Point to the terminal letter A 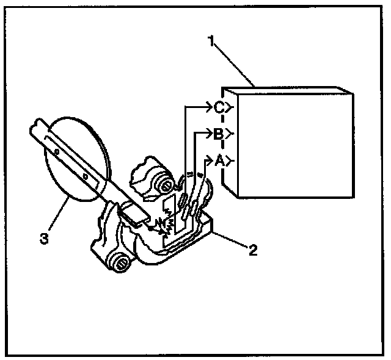click(219, 160)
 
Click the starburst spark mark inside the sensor click(163, 228)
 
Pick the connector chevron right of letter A click(228, 161)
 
